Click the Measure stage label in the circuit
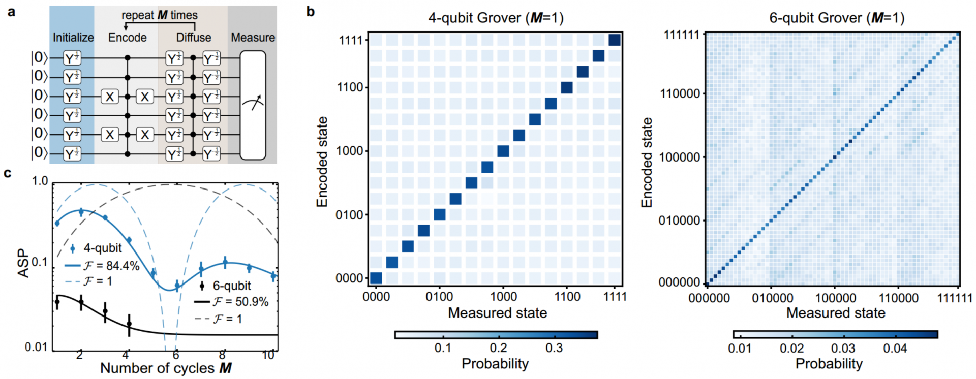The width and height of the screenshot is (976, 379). click(253, 38)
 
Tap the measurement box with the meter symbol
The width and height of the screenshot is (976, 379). click(253, 105)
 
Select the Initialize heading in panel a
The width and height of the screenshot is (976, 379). click(73, 38)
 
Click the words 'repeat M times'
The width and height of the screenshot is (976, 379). click(159, 15)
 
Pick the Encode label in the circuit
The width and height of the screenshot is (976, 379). click(127, 38)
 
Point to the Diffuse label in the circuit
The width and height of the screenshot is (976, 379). click(193, 38)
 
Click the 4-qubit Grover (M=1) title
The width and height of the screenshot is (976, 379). click(496, 18)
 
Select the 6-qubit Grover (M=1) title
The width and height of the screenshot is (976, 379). click(837, 18)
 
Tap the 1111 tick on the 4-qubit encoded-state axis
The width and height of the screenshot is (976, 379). click(351, 40)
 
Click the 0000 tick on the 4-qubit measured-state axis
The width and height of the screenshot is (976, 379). click(376, 297)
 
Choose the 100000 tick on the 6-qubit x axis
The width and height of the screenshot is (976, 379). click(835, 298)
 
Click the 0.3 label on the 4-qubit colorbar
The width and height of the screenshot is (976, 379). click(554, 348)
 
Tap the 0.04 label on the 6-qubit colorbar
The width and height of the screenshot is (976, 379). click(895, 349)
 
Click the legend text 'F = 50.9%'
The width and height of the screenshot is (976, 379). click(240, 302)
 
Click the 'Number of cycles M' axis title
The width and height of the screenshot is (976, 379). click(166, 368)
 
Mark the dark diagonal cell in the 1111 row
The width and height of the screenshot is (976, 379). click(615, 40)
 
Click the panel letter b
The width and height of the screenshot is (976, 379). click(311, 11)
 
